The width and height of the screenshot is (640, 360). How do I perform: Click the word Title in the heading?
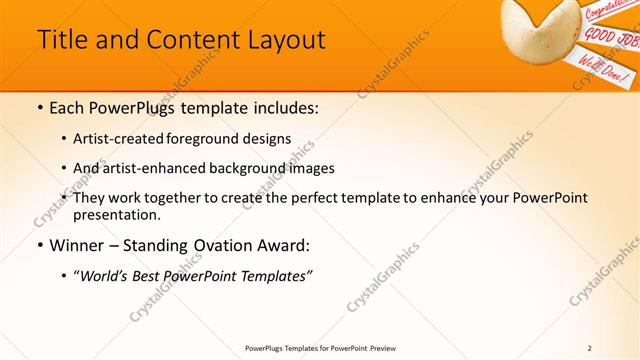pyautogui.click(x=62, y=40)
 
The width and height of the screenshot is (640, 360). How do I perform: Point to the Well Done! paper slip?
pyautogui.click(x=599, y=69)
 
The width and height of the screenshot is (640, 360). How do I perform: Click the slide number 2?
pyautogui.click(x=590, y=347)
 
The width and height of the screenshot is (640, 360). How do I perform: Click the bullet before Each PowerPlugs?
pyautogui.click(x=39, y=107)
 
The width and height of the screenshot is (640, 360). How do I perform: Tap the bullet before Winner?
pyautogui.click(x=39, y=245)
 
